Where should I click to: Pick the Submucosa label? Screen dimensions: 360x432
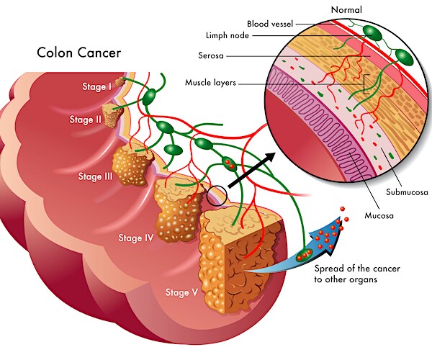pyautogui.click(x=406, y=193)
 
